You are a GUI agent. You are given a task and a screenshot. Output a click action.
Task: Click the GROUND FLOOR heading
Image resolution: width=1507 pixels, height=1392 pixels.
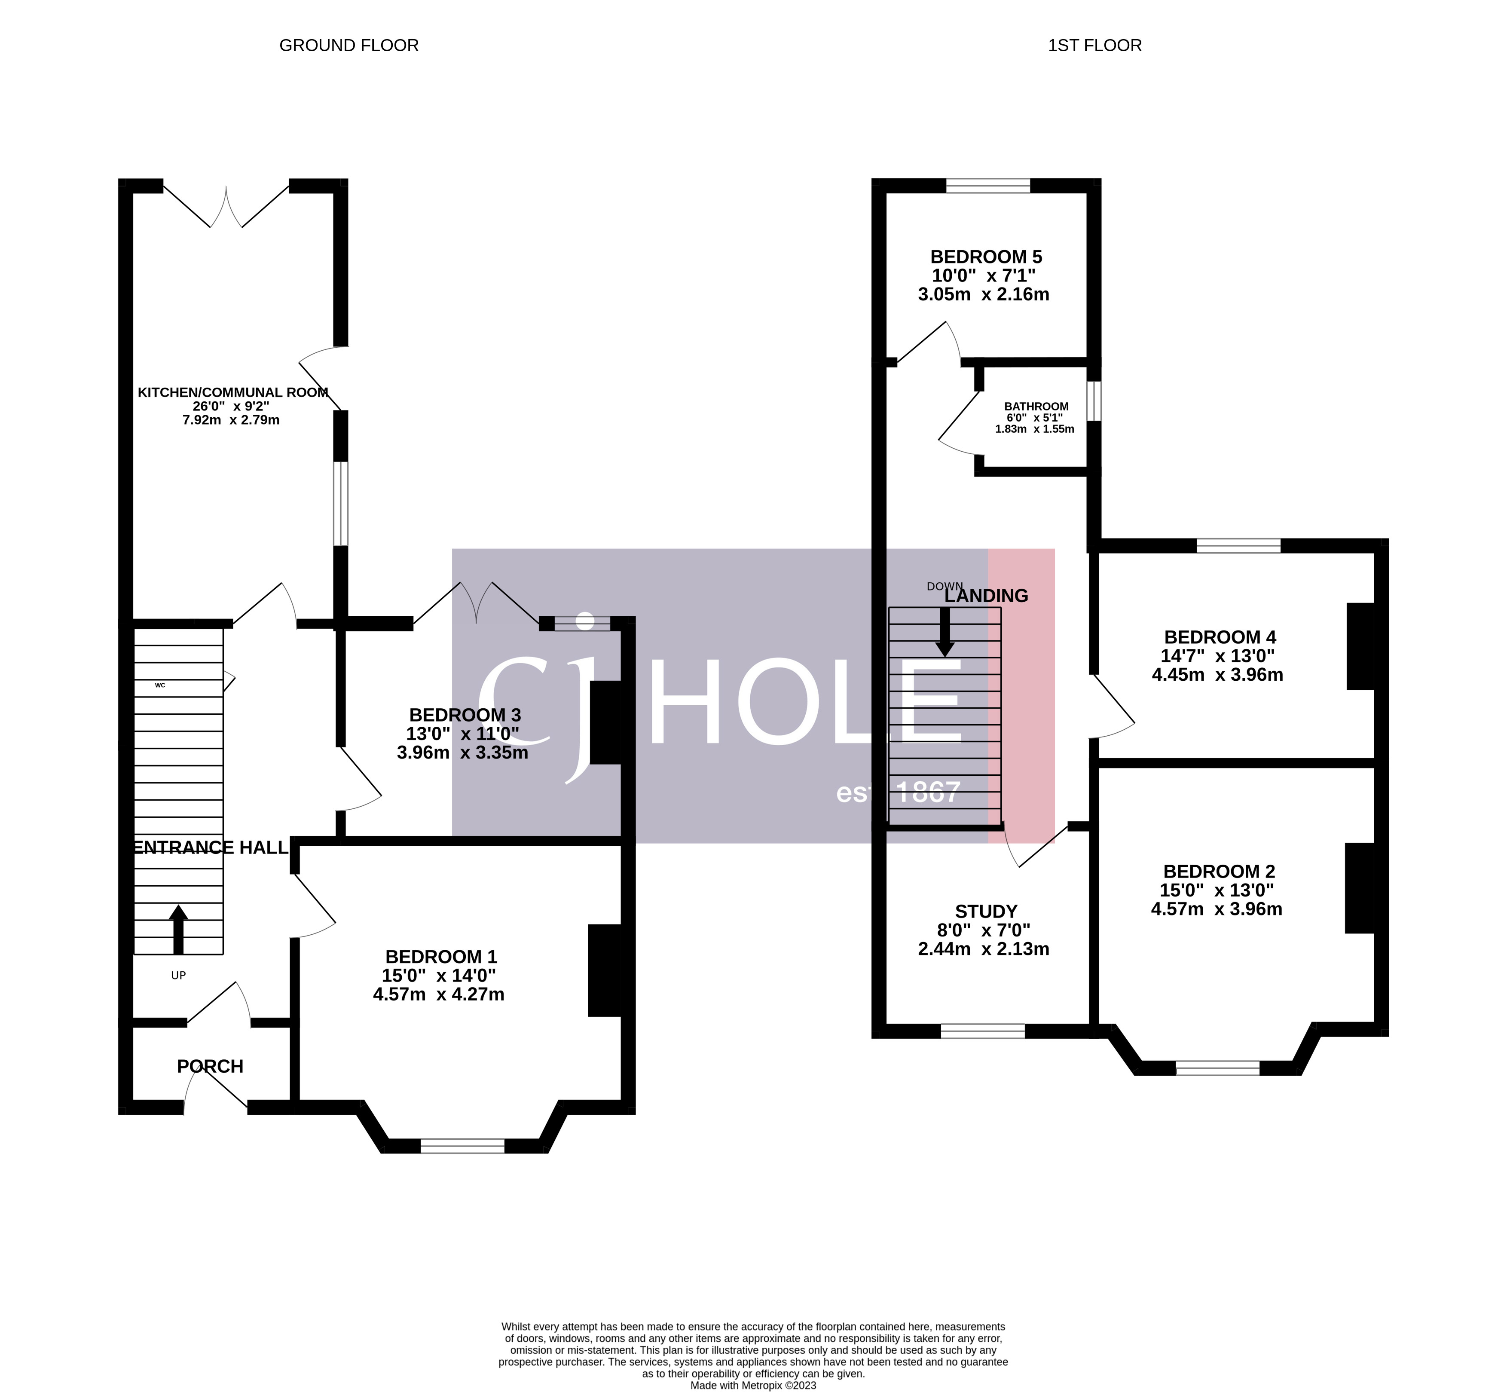tap(348, 45)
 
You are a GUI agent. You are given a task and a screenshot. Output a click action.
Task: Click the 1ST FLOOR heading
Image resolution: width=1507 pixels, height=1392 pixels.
tap(1094, 45)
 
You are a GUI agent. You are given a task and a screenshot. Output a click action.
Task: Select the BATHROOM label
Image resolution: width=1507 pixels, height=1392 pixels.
tap(1036, 407)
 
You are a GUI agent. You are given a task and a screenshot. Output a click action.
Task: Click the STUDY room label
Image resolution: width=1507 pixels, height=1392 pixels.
tap(986, 912)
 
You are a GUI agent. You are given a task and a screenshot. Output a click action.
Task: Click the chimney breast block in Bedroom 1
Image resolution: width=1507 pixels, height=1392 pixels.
tap(605, 970)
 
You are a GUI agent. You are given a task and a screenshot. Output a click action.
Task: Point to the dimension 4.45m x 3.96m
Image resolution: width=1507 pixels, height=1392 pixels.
tap(1217, 675)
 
